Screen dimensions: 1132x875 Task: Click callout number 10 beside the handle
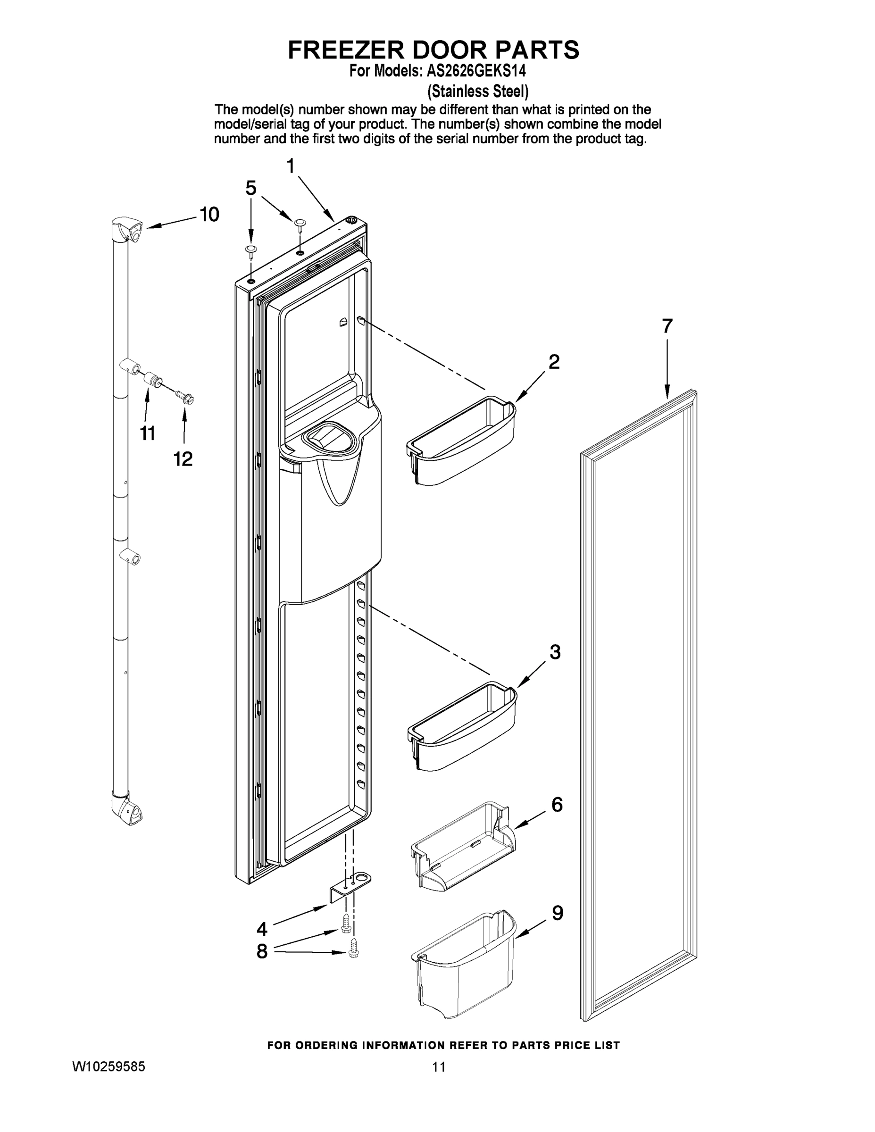(209, 214)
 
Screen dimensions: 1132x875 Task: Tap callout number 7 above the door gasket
(667, 326)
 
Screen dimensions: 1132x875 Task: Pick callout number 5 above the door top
(251, 188)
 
